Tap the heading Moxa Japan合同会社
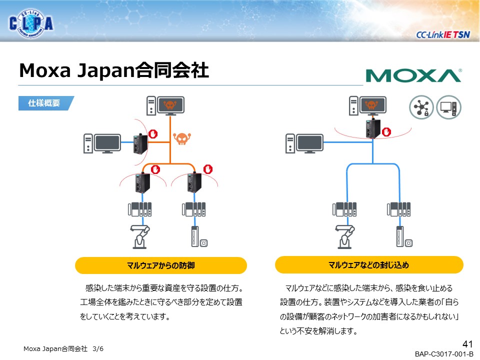113,70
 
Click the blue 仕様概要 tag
45,103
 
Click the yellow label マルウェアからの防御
160,265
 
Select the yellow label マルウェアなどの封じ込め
369,264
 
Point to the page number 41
467,344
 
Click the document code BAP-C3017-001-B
443,354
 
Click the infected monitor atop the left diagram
171,105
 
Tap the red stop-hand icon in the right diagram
386,131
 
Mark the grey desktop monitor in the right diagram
310,144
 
